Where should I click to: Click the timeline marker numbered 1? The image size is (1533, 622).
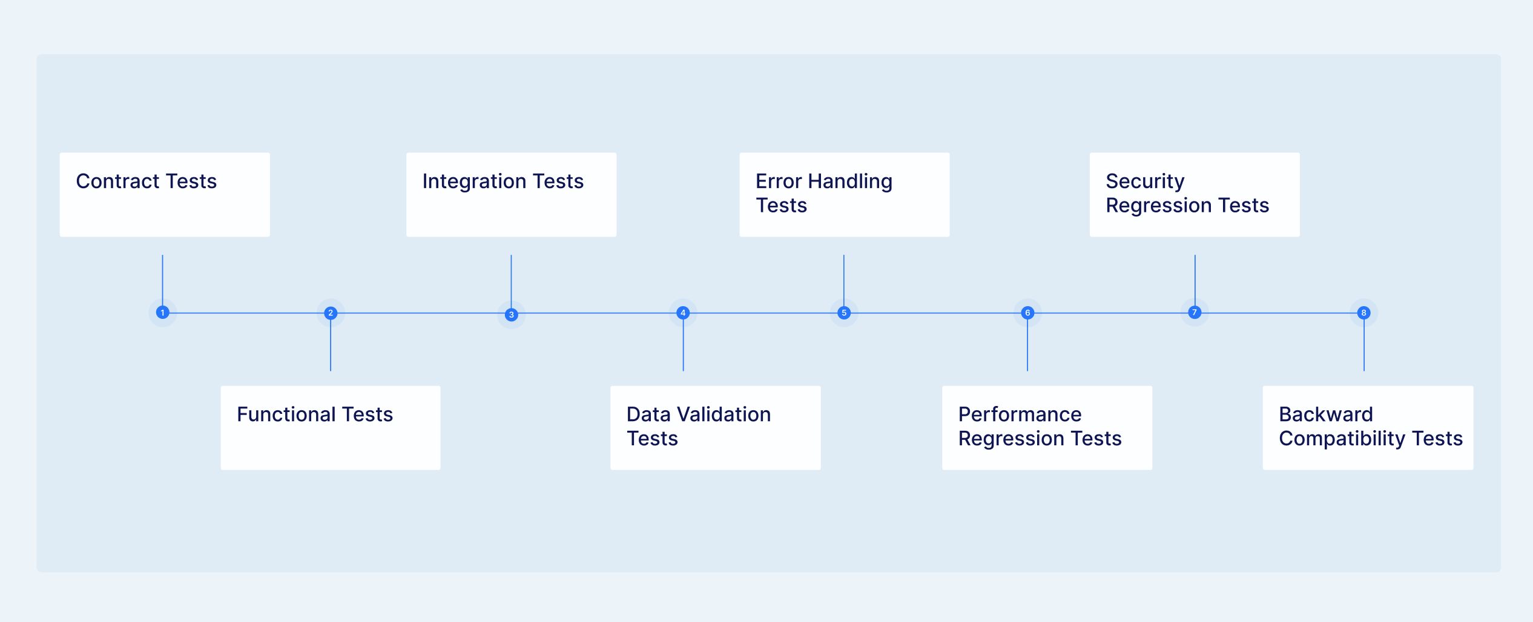click(x=162, y=312)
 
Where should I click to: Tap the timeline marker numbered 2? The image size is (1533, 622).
click(x=331, y=313)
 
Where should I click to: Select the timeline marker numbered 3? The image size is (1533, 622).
click(x=511, y=315)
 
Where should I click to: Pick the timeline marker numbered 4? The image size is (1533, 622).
click(x=683, y=313)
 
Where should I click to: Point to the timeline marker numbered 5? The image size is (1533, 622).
click(x=844, y=313)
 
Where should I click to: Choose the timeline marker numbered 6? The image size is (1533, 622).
click(x=1027, y=313)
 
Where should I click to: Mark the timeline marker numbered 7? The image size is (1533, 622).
click(x=1195, y=312)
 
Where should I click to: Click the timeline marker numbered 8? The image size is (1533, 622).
click(x=1364, y=313)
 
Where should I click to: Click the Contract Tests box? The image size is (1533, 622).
click(x=165, y=195)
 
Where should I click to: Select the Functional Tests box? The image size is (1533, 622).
click(x=331, y=428)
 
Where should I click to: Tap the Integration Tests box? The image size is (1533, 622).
click(x=511, y=195)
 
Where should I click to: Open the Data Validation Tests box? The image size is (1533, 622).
click(x=715, y=428)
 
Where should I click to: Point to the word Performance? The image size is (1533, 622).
click(x=1020, y=414)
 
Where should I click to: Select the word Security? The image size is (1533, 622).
click(x=1144, y=182)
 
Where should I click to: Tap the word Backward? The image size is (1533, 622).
click(x=1325, y=414)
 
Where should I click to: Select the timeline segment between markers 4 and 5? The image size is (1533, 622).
click(x=763, y=313)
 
